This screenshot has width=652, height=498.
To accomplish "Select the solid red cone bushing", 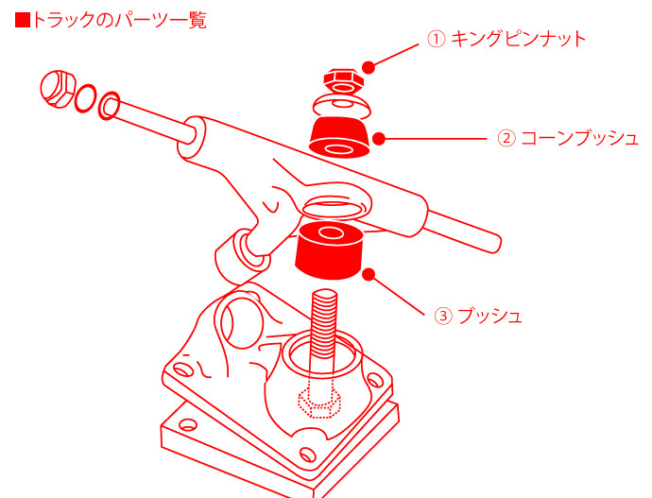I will [x=339, y=138].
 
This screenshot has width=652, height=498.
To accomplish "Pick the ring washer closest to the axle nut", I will [x=84, y=97].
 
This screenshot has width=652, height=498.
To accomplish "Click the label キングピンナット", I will [x=518, y=39].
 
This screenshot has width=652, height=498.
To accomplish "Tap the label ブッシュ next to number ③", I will [x=489, y=315].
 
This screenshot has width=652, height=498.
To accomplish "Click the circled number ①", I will [x=436, y=40].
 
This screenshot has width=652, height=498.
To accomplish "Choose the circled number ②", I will [x=506, y=138].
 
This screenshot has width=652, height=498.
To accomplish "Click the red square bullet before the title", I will [x=23, y=19].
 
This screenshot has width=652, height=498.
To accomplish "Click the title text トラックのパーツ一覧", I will [x=119, y=19].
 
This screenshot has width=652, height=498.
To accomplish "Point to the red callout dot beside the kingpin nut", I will [x=369, y=66].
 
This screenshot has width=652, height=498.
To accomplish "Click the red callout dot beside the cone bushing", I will [x=380, y=138].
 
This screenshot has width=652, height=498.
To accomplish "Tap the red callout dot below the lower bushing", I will [x=369, y=275].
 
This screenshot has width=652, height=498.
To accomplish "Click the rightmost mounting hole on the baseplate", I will [x=374, y=383].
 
